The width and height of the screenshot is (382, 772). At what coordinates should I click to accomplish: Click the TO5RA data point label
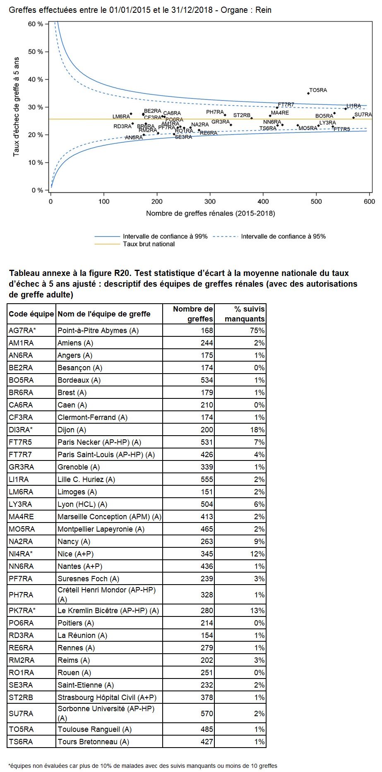tap(318, 90)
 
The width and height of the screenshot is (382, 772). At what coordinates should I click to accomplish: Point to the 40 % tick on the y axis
tap(36, 79)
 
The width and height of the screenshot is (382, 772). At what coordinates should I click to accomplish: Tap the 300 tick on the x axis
tap(210, 201)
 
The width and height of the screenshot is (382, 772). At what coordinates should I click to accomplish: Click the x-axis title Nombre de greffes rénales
tap(210, 213)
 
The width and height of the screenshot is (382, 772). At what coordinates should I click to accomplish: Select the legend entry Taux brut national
tap(149, 244)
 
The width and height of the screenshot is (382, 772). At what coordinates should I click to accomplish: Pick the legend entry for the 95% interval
tap(283, 236)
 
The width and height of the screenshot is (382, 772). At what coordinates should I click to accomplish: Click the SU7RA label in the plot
tap(363, 115)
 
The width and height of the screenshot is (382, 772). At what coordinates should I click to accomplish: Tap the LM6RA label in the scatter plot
tap(121, 117)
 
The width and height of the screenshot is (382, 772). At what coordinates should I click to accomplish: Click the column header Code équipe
tap(31, 314)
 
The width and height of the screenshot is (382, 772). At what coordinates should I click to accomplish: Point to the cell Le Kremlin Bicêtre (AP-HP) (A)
tap(108, 611)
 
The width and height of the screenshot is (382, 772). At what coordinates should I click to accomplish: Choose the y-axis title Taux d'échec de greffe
tap(17, 107)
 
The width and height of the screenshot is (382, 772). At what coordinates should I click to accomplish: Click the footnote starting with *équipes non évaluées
tap(143, 766)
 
